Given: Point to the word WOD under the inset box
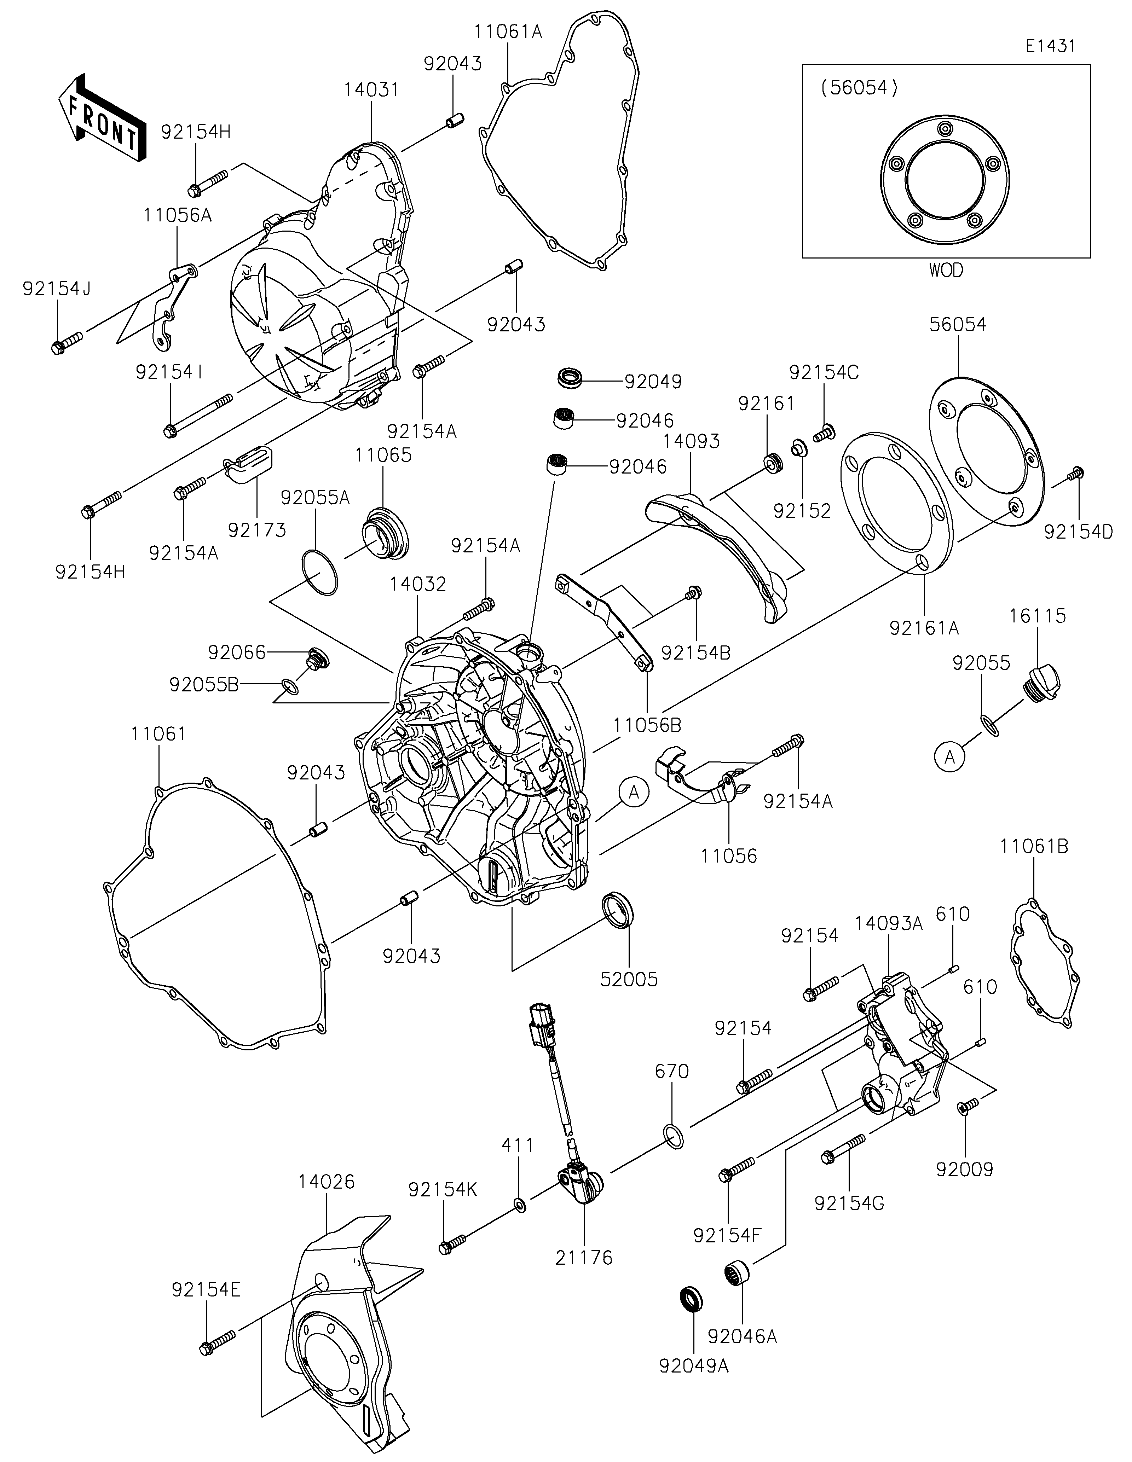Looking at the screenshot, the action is click(946, 271).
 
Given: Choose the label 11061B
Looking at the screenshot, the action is click(1034, 846).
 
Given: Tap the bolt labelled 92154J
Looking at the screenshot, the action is click(65, 341).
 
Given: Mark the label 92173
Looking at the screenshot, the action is click(257, 529).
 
